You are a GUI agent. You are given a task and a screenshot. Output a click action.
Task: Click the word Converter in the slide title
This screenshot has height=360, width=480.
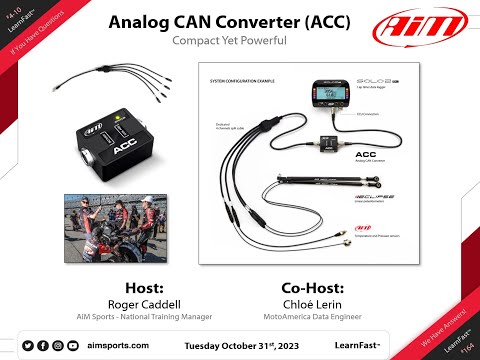coord(250,22)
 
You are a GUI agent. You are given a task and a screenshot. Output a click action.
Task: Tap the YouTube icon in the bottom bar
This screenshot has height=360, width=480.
coord(73,345)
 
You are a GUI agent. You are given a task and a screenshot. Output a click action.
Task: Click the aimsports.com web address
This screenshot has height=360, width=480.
coord(118,345)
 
